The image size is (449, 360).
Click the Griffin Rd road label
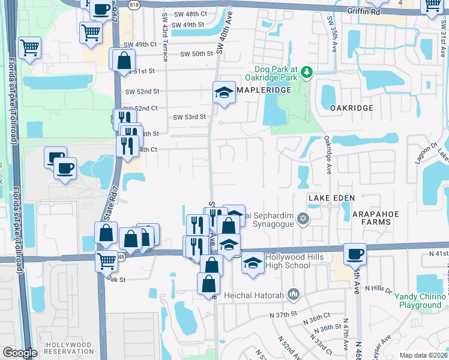point(363,10)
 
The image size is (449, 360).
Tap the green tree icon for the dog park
point(307,73)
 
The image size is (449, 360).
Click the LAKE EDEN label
point(331,197)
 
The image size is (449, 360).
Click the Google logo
point(20,353)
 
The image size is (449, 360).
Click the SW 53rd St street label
point(190,117)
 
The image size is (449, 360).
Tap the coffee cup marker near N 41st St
point(355,253)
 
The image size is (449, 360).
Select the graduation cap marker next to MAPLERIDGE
point(224,93)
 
